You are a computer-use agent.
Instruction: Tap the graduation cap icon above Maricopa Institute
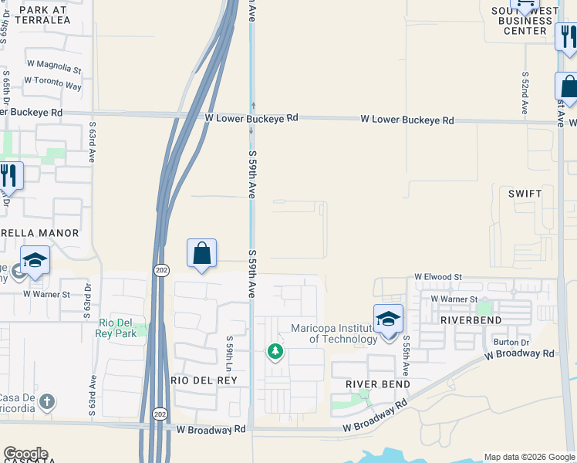(388, 318)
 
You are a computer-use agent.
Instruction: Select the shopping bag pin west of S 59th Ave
(201, 253)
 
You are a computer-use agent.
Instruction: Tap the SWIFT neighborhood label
(525, 194)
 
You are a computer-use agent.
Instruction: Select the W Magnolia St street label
(53, 69)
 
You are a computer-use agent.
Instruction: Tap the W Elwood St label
(437, 276)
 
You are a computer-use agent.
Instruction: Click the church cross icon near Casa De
(48, 401)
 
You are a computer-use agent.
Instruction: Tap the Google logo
(25, 454)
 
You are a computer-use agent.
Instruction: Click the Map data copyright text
(529, 457)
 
